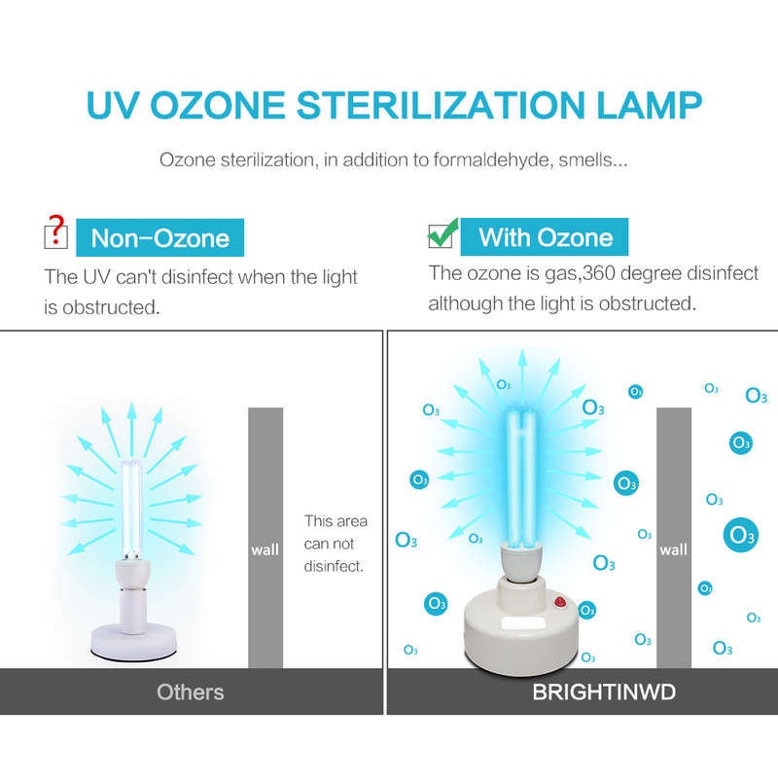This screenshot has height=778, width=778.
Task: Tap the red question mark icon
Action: pos(57,230)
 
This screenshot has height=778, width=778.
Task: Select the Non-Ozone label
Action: pos(159,237)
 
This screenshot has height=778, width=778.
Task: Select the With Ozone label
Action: pos(545,237)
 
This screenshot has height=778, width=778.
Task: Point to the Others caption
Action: pos(191,692)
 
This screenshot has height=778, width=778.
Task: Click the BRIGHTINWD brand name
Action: pos(604,692)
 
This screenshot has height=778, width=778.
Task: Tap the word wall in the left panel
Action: pos(265,549)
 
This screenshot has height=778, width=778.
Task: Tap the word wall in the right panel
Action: pos(673,549)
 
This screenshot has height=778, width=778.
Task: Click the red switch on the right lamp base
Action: pos(561,602)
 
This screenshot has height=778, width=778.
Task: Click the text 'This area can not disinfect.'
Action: pos(336,544)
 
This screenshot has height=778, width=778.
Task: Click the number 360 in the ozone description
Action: pos(600,273)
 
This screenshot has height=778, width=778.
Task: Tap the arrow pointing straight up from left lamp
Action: pos(131,428)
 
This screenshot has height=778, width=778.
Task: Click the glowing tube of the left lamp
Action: pos(131,509)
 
